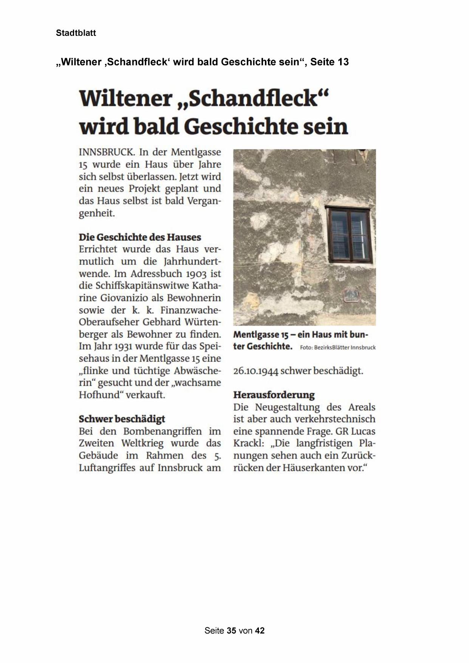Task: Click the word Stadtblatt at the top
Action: click(x=76, y=33)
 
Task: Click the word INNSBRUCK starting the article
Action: click(x=106, y=152)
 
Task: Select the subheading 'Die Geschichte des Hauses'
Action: click(x=140, y=237)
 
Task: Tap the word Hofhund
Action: click(x=101, y=395)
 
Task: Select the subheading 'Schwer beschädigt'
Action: click(x=122, y=419)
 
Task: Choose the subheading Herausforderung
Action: click(x=274, y=395)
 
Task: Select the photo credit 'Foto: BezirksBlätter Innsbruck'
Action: click(x=338, y=347)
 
